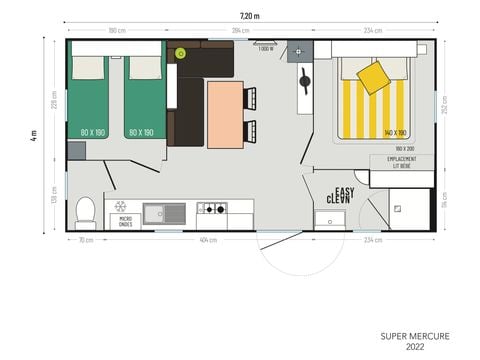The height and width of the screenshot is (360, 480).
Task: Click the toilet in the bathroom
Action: (x=86, y=211)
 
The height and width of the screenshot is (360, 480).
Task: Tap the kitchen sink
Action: (x=164, y=212)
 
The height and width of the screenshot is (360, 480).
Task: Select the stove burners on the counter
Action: (x=211, y=209)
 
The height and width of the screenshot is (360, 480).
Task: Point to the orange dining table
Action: (x=224, y=113)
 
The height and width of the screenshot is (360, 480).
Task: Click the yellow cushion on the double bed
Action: (x=373, y=77)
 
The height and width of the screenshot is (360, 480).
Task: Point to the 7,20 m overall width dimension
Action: (x=250, y=15)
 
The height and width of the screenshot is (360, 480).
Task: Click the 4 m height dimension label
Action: (x=32, y=134)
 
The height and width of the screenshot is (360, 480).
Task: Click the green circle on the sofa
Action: (x=180, y=52)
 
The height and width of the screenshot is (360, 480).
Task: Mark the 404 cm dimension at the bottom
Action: (x=208, y=240)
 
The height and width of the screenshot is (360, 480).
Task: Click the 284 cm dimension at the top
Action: (x=240, y=31)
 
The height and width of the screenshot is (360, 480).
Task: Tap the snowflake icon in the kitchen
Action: (x=121, y=206)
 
